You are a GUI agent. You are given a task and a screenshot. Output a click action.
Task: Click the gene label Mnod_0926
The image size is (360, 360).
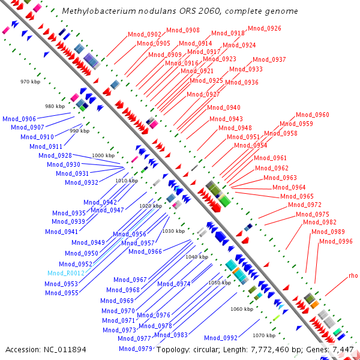tap(264, 28)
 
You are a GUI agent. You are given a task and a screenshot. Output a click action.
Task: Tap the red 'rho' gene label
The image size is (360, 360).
tap(353, 276)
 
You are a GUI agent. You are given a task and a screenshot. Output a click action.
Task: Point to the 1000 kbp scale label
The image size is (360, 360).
tap(103, 155)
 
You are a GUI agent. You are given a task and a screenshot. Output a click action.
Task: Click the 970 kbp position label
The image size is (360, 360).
tap(29, 81)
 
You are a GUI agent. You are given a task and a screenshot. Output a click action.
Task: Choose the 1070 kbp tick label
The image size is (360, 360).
tap(263, 335)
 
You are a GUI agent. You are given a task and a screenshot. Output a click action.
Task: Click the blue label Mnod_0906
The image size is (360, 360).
tap(19, 119)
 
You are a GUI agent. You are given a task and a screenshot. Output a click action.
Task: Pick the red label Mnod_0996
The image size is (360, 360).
tap(336, 241)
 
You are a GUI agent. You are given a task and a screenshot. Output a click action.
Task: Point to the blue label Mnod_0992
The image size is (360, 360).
tap(221, 338)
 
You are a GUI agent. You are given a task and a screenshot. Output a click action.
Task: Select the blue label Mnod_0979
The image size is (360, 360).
tap(135, 349)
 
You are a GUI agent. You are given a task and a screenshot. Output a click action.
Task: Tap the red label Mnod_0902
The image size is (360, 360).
tap(145, 34)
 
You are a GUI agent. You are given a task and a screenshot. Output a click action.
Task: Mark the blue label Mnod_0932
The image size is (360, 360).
tap(82, 182)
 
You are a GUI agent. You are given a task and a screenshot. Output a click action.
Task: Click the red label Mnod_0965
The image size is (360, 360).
tap(298, 196)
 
